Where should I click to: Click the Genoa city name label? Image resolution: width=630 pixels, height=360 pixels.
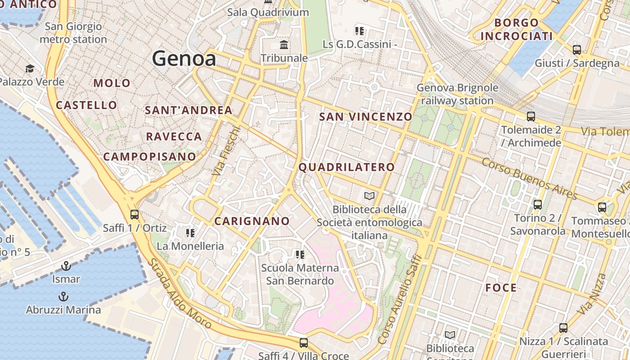[x=184, y=58]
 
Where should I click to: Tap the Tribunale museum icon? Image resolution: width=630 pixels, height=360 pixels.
[x=284, y=45]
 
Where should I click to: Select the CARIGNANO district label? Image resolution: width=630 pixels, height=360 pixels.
[x=252, y=221]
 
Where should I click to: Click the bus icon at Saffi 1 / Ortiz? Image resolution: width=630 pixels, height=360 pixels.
[x=134, y=214]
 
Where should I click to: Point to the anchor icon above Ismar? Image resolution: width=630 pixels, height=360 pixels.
[x=66, y=265]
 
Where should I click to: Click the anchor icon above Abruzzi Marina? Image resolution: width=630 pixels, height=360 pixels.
[x=63, y=296]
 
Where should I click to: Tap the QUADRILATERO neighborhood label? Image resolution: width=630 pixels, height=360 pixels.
[x=346, y=167]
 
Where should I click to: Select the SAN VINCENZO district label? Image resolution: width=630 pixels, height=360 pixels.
[x=365, y=117]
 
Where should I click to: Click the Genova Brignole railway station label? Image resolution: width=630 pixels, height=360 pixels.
[x=457, y=94]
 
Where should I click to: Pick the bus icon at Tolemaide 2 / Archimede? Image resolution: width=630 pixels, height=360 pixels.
[x=531, y=117]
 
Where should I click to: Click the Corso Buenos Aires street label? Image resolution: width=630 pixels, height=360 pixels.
[x=529, y=178]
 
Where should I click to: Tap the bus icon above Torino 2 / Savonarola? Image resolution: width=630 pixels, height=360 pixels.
[x=537, y=205]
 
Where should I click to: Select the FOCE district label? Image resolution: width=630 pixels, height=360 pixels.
[x=501, y=288]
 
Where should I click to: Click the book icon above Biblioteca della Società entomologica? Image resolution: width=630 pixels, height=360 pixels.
[x=369, y=196]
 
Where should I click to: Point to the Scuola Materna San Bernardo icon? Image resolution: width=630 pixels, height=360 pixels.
[x=300, y=255]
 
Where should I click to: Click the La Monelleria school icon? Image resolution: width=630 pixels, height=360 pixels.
[x=190, y=233]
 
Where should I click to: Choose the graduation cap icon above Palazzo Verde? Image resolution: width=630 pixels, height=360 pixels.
[x=30, y=68]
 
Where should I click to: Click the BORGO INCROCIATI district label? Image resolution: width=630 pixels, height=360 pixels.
[x=516, y=29]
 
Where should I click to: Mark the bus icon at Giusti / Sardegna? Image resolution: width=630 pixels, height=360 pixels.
[x=576, y=49]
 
